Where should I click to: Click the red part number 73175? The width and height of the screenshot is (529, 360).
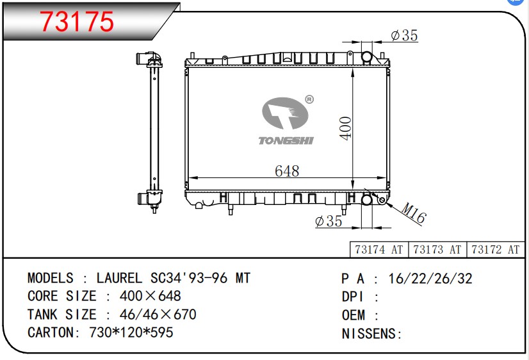(77, 22)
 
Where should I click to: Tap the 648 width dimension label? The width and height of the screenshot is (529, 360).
(287, 171)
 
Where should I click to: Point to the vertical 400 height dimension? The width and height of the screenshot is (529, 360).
(346, 128)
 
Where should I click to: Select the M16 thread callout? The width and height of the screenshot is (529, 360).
(414, 213)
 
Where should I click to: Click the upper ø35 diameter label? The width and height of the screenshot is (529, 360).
(404, 35)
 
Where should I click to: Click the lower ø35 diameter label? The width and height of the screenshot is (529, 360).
(329, 222)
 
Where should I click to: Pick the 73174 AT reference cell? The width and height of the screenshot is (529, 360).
(379, 250)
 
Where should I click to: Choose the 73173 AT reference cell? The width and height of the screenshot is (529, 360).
(437, 250)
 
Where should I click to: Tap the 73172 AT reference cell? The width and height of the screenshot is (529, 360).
(496, 250)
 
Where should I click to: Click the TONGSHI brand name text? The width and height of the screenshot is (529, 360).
(286, 141)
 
